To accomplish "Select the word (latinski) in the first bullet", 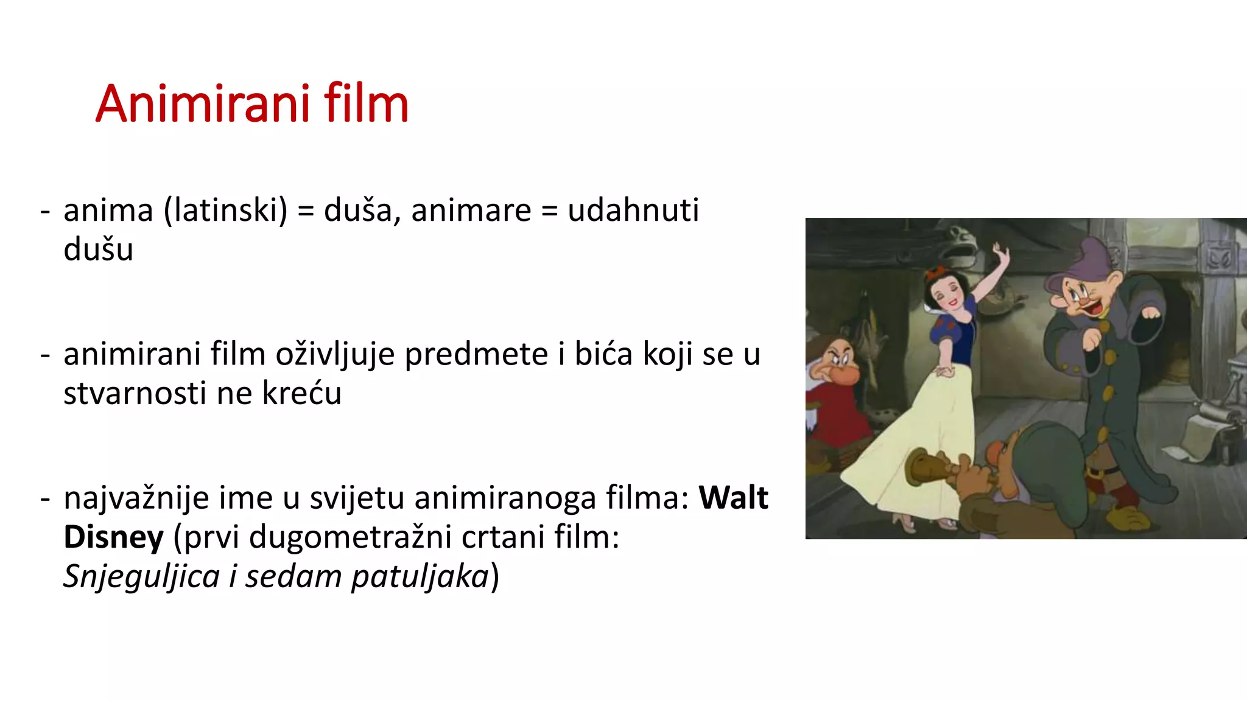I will click(x=225, y=211).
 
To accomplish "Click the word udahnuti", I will click(x=633, y=211).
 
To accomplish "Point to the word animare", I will click(x=471, y=211).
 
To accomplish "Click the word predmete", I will click(x=477, y=354).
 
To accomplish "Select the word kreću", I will click(x=301, y=393).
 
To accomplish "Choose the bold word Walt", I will click(x=733, y=498).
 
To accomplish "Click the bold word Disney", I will click(x=113, y=537).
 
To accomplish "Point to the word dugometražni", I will click(x=350, y=537).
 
